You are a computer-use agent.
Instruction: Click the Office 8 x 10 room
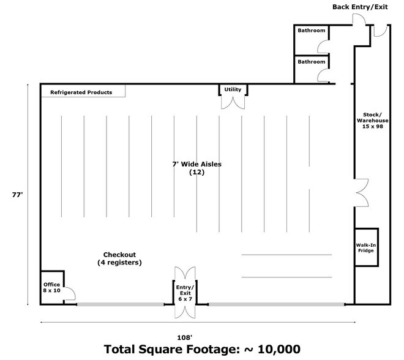[52, 287]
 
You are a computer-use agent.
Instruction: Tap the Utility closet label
[233, 89]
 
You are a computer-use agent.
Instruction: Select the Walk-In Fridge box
[367, 247]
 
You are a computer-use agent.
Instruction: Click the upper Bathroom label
[311, 31]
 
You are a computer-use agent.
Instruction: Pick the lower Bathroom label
[311, 62]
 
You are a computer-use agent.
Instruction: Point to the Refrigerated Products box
[83, 91]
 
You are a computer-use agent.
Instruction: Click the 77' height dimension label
[18, 195]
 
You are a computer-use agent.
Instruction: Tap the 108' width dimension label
[185, 337]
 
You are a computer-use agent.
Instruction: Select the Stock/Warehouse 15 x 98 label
[373, 121]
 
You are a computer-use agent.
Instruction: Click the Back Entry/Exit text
[360, 7]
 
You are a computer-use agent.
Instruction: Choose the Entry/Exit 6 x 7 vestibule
[185, 293]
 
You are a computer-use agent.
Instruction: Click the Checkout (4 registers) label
[119, 258]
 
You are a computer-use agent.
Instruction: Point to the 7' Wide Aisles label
[197, 164]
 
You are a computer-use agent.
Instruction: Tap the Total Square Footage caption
[202, 350]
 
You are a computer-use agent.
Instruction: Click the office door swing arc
[72, 290]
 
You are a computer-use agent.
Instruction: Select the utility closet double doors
[233, 103]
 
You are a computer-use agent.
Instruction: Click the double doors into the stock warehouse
[362, 192]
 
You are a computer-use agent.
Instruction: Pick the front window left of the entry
[121, 304]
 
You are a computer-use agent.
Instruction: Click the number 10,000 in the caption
[279, 350]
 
